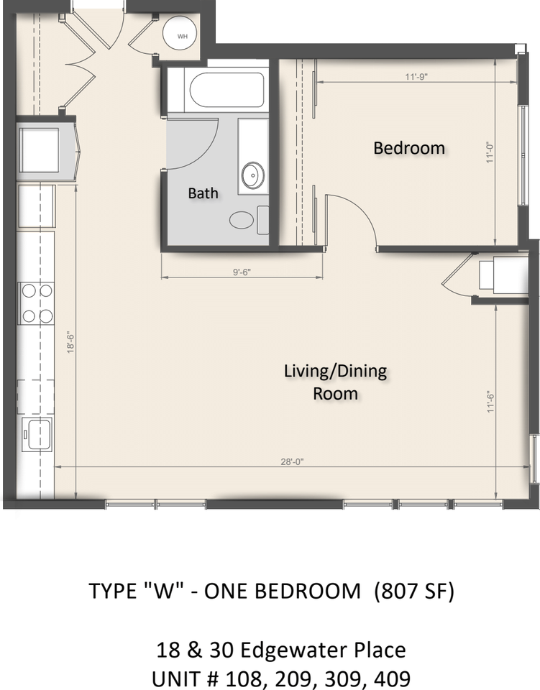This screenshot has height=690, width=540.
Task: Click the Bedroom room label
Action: (409, 148)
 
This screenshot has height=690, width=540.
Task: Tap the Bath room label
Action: (203, 193)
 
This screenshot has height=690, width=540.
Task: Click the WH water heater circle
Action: (182, 35)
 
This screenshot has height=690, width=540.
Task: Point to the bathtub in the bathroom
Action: (226, 91)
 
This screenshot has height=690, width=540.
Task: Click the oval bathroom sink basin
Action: (252, 175)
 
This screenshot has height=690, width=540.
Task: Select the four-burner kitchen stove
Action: (37, 303)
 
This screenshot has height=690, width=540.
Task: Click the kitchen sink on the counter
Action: (37, 433)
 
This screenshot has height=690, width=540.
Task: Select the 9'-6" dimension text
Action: (241, 272)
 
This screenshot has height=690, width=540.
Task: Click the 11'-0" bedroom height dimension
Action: (490, 152)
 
